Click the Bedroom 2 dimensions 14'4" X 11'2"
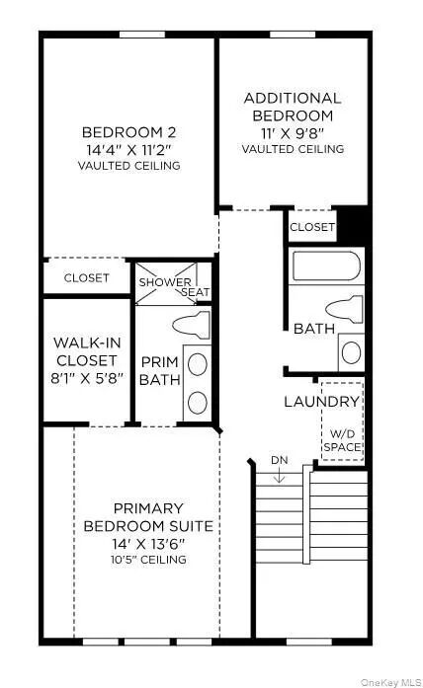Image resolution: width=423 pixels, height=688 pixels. (x=128, y=150)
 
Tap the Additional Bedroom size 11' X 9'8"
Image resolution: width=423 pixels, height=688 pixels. (x=293, y=133)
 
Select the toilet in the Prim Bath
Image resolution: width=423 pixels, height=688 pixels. (x=192, y=325)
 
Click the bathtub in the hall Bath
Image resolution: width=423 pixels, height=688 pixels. (x=327, y=266)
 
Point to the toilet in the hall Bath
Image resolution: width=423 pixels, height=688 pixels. (x=345, y=309)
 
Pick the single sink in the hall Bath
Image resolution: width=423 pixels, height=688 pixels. (x=352, y=352)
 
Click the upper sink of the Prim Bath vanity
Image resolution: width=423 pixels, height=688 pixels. (x=198, y=364)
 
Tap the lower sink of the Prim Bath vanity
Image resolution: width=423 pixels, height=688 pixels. (x=198, y=403)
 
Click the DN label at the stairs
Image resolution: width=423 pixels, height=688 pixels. (x=280, y=460)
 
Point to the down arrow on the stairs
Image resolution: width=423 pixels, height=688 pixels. (x=280, y=475)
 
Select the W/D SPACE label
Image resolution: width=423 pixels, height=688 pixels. (x=343, y=440)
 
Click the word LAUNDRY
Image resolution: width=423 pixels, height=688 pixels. (x=321, y=402)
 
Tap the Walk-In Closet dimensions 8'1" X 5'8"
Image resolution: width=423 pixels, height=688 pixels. (x=87, y=378)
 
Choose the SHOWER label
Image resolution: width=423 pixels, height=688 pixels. (x=165, y=282)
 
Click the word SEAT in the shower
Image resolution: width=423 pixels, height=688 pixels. (x=196, y=292)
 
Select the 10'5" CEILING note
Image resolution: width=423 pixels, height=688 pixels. (x=148, y=560)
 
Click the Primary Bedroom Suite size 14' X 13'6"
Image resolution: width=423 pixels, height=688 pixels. (x=148, y=544)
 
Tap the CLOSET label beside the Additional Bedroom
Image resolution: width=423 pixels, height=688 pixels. (x=312, y=227)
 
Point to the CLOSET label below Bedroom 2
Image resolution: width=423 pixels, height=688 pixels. (x=87, y=277)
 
